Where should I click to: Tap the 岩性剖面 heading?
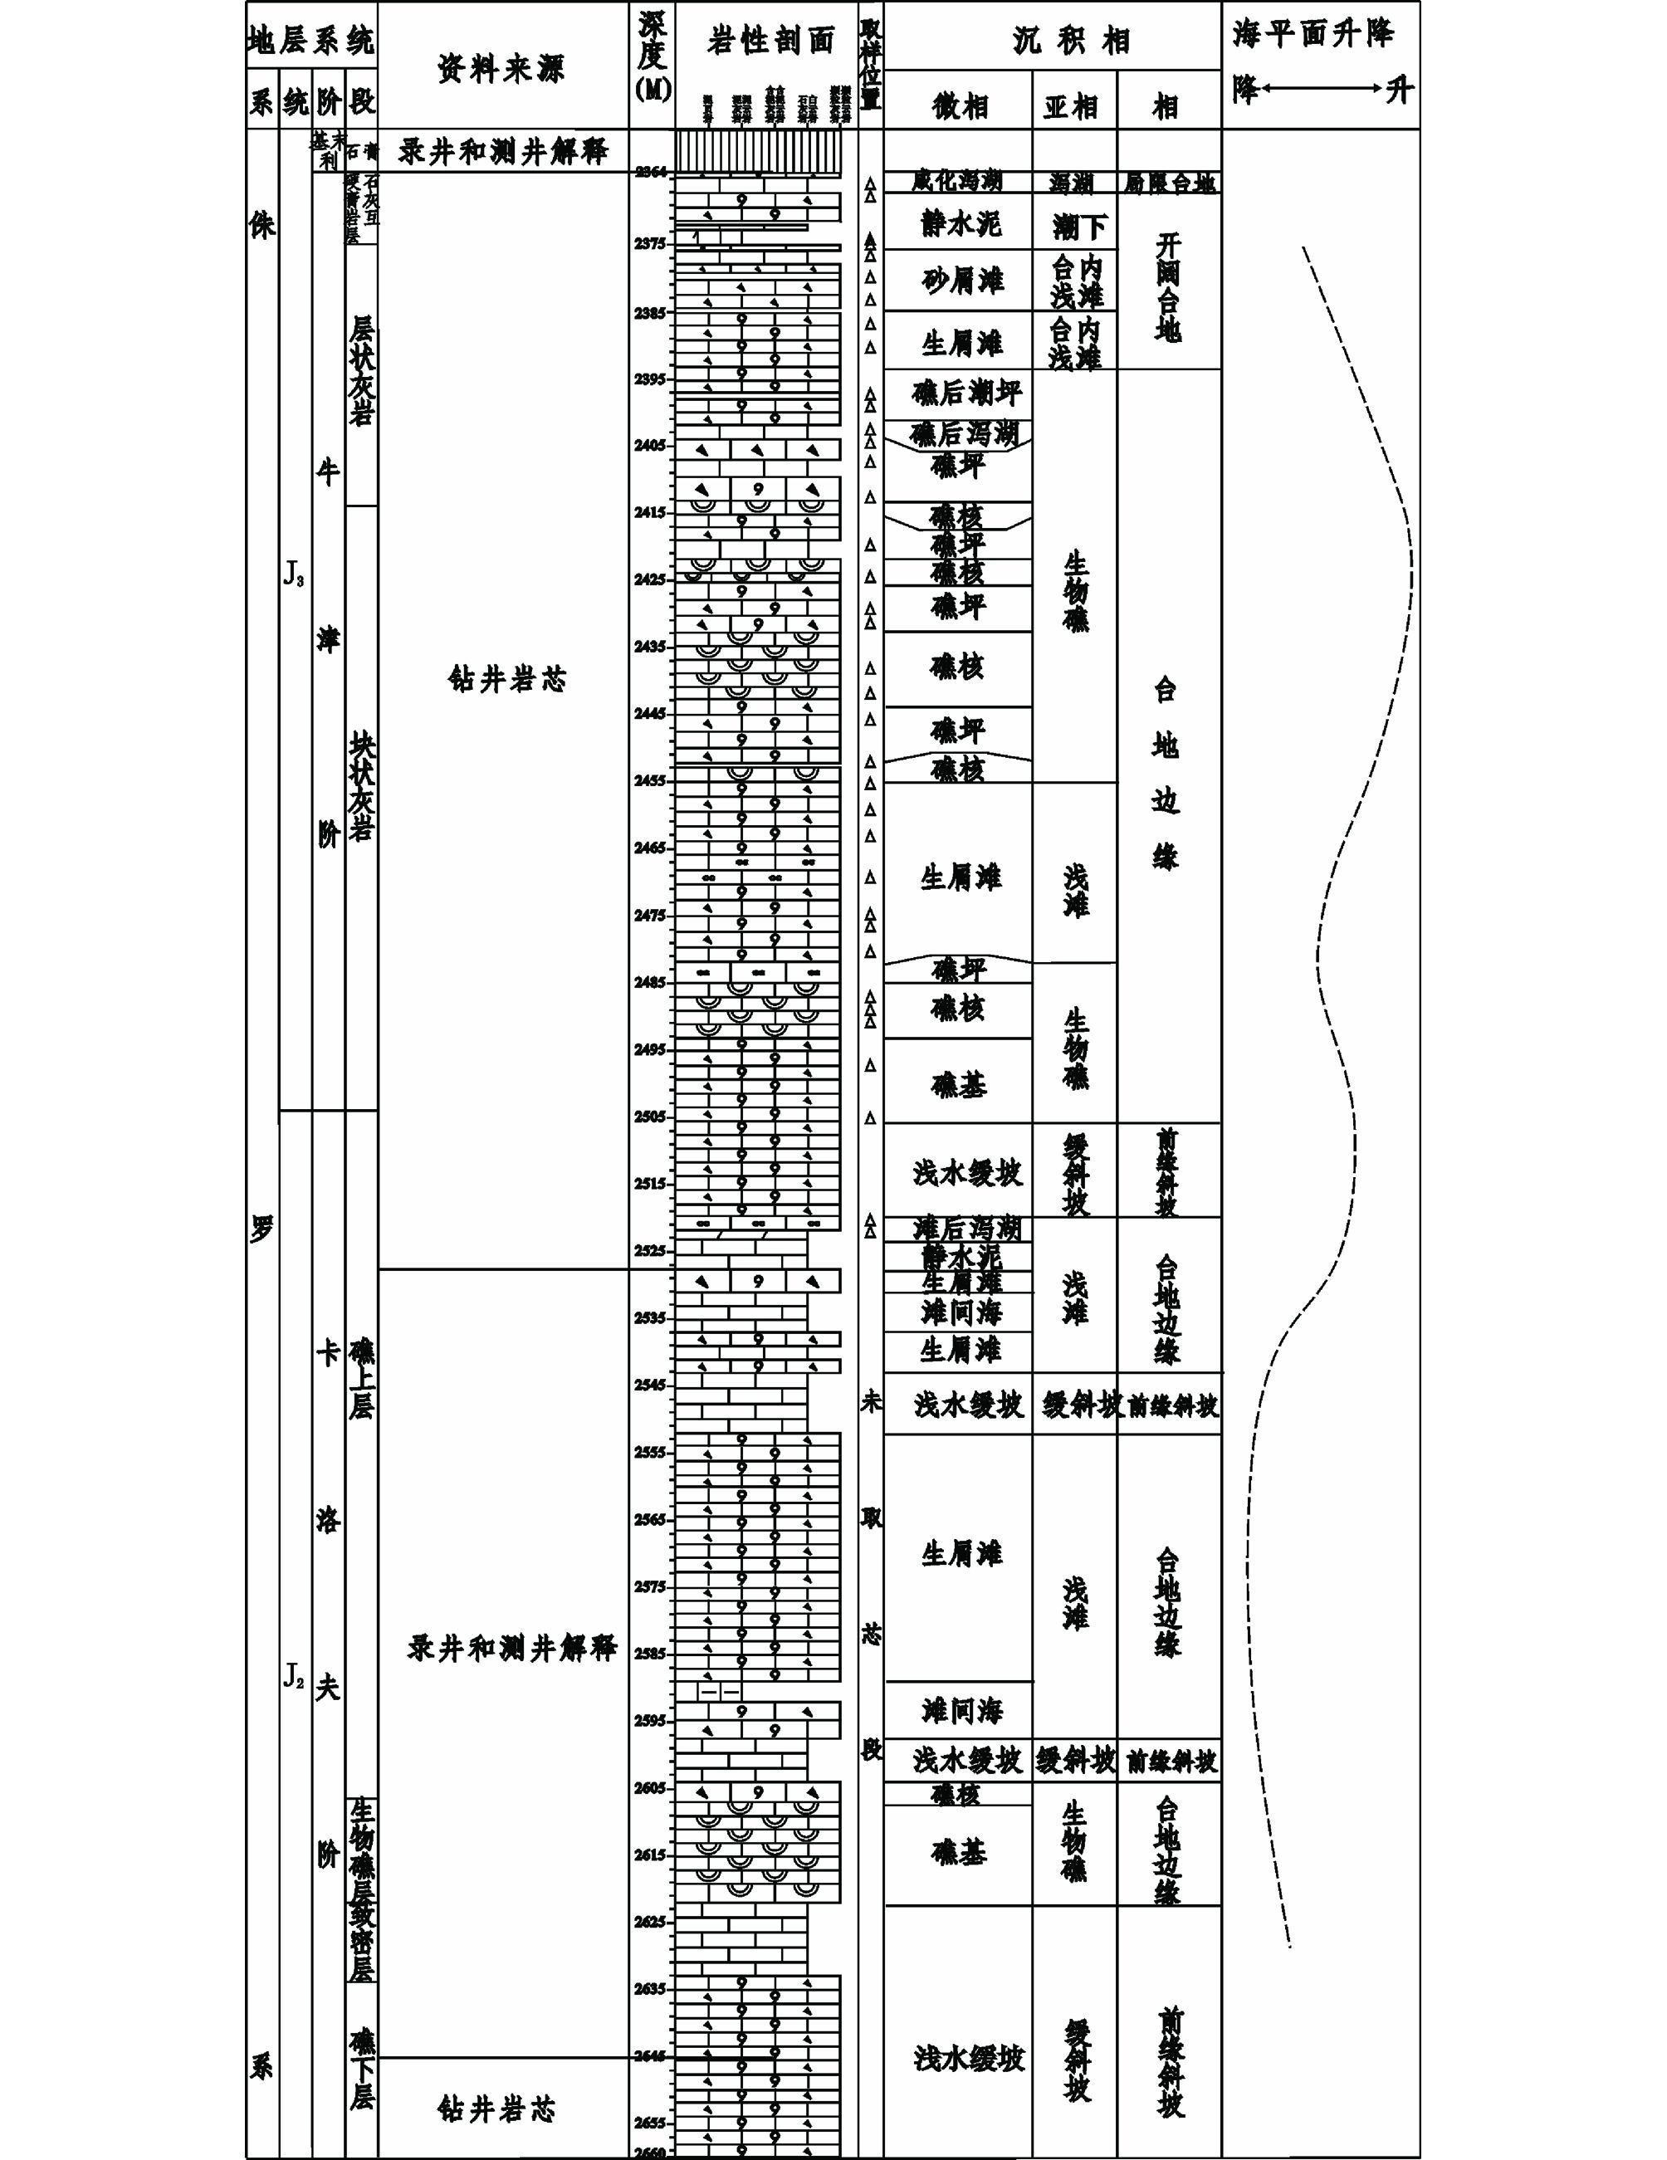tap(770, 41)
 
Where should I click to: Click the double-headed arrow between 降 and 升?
tap(1320, 89)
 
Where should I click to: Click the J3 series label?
tap(294, 575)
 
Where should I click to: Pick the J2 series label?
tap(294, 1675)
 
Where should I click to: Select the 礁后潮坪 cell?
tap(965, 393)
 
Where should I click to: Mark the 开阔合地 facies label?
tap(1167, 288)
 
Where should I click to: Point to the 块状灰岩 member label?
tap(361, 786)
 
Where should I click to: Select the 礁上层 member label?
tap(361, 1378)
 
